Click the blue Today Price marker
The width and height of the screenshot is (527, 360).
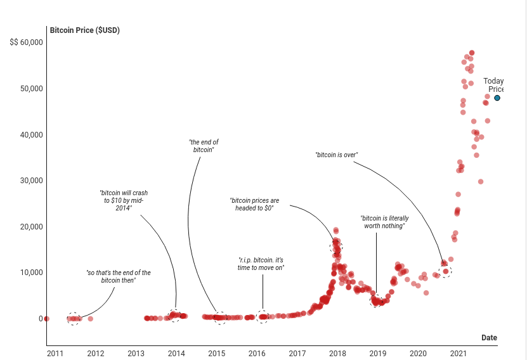click(x=497, y=98)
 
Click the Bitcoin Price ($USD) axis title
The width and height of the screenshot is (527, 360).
click(x=84, y=30)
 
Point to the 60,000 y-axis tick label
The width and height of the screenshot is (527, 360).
click(x=27, y=42)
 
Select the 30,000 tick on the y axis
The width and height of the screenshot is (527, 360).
click(x=29, y=181)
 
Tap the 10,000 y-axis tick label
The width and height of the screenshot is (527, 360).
click(x=29, y=273)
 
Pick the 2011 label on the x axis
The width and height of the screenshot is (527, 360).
click(x=55, y=354)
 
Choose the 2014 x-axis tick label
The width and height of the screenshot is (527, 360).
click(x=176, y=354)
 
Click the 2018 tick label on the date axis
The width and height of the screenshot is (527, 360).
click(x=337, y=354)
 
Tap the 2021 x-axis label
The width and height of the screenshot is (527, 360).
click(x=458, y=354)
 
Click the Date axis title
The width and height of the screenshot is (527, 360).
click(x=489, y=338)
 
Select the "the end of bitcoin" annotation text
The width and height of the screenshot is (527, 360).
click(x=204, y=146)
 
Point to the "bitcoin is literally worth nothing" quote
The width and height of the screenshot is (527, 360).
click(x=384, y=222)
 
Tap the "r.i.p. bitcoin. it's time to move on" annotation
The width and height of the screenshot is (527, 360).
click(x=261, y=264)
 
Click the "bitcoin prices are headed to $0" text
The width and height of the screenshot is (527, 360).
click(x=254, y=204)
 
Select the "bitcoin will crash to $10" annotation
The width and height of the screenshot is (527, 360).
click(x=124, y=200)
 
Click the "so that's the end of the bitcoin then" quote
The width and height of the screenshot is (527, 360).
click(x=119, y=276)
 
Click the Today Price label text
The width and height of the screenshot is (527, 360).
click(x=493, y=85)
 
